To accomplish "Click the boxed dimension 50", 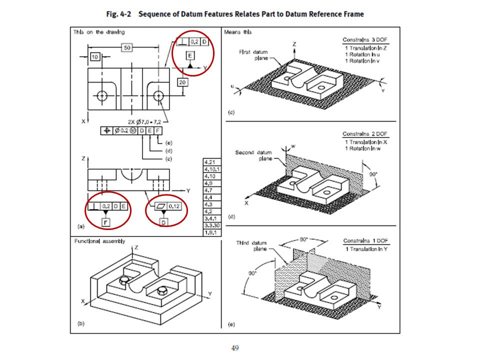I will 127,47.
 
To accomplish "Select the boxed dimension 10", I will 95,56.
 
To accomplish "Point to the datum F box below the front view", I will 105,222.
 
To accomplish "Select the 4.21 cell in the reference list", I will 208,162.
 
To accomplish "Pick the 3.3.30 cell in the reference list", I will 208,226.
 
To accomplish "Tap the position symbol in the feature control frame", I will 106,131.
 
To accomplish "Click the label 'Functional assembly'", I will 100,241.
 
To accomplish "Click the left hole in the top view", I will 103,95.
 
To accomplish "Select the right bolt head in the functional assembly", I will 161,290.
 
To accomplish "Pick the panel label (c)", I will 231,112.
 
